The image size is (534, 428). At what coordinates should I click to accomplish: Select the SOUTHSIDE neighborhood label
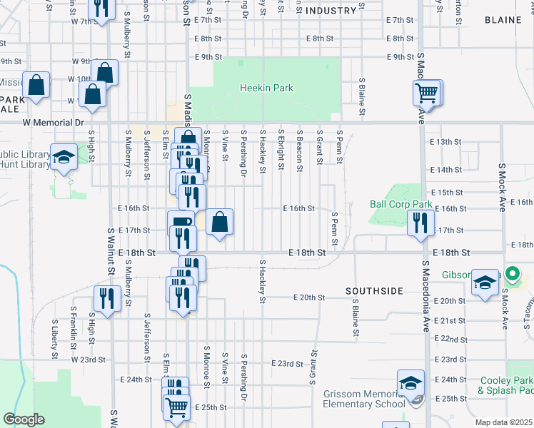(x=374, y=291)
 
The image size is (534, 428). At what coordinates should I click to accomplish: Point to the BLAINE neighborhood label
(x=503, y=20)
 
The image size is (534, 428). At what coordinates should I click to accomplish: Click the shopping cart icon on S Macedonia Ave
(x=427, y=92)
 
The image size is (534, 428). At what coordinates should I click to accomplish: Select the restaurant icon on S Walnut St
(x=107, y=299)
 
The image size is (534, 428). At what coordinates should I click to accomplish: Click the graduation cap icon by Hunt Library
(x=63, y=158)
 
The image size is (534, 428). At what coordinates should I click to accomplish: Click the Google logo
(x=24, y=419)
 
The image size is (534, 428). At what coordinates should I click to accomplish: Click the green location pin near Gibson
(x=512, y=273)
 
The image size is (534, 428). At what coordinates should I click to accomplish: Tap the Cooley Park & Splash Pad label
(x=505, y=386)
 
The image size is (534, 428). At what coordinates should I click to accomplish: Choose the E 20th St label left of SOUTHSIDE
(x=308, y=297)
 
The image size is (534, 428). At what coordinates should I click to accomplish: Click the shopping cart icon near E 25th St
(x=177, y=407)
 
